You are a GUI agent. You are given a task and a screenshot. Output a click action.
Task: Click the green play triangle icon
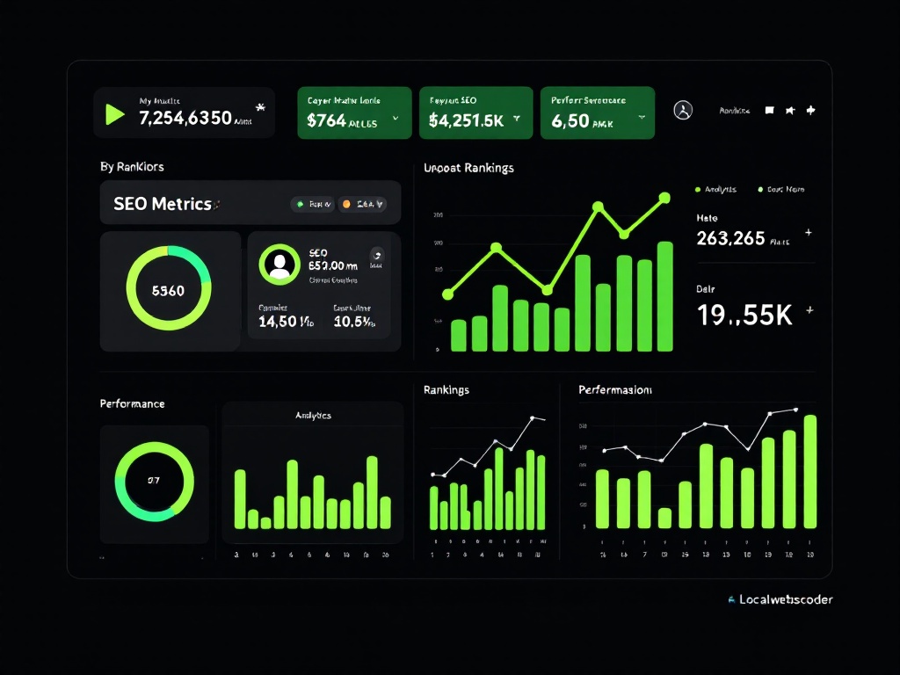[x=114, y=114]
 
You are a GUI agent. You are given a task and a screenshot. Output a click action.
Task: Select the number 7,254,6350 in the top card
[x=185, y=119]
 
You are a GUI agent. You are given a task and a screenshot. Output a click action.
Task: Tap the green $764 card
[x=354, y=112]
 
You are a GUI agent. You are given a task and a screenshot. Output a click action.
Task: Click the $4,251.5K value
[x=466, y=121]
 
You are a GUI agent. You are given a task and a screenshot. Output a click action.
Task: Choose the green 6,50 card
[x=597, y=112]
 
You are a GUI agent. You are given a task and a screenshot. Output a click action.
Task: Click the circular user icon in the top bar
[x=683, y=111]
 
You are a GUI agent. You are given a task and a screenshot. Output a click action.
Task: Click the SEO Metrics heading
[x=163, y=204]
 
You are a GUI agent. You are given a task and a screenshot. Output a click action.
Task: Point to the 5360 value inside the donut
[x=169, y=291]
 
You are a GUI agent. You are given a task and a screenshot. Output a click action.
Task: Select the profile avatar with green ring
[x=279, y=264]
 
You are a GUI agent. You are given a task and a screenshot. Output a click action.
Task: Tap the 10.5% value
[x=354, y=323]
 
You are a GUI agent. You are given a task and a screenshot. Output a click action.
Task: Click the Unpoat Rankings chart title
[x=468, y=168]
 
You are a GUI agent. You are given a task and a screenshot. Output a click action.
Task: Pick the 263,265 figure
[x=730, y=238]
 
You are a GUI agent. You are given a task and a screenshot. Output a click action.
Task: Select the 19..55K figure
[x=744, y=316]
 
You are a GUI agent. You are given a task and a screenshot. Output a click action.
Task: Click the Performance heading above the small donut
[x=132, y=404]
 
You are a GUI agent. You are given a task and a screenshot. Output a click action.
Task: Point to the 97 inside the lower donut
[x=154, y=481]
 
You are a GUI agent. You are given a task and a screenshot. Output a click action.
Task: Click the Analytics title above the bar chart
[x=313, y=415]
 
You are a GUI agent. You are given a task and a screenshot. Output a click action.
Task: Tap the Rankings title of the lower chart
[x=446, y=389]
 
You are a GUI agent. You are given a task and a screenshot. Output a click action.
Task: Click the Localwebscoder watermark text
[x=786, y=600]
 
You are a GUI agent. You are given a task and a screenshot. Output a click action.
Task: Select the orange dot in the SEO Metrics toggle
[x=346, y=204]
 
